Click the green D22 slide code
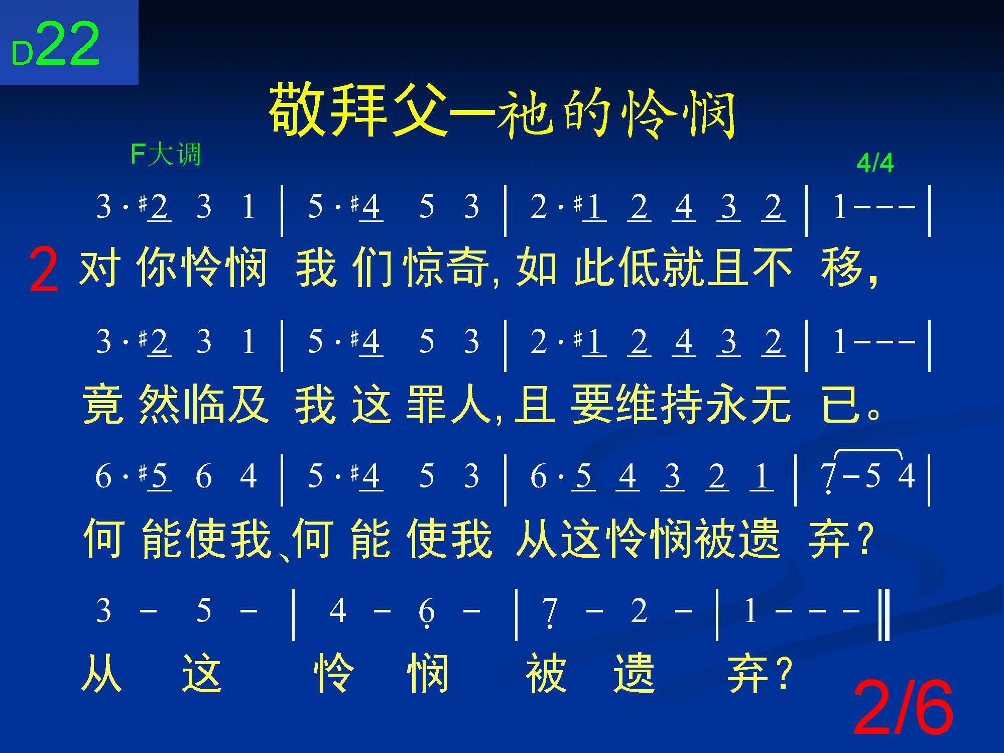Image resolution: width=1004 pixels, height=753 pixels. point(56,44)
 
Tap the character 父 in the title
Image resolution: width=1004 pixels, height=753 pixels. point(420,110)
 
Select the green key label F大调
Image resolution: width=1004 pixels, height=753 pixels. point(166,154)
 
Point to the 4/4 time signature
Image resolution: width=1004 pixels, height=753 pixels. point(874,163)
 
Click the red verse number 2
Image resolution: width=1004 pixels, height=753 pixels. point(44,271)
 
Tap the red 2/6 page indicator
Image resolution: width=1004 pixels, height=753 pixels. point(903,707)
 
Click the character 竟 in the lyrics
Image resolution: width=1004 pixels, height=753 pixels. point(102,405)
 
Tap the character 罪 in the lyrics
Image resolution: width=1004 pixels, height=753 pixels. point(427,405)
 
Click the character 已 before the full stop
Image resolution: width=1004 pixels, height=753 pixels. point(841,405)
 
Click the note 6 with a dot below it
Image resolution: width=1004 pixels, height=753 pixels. point(426,613)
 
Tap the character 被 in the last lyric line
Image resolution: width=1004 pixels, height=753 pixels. point(546,673)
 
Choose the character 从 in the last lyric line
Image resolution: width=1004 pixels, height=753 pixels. point(102,673)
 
